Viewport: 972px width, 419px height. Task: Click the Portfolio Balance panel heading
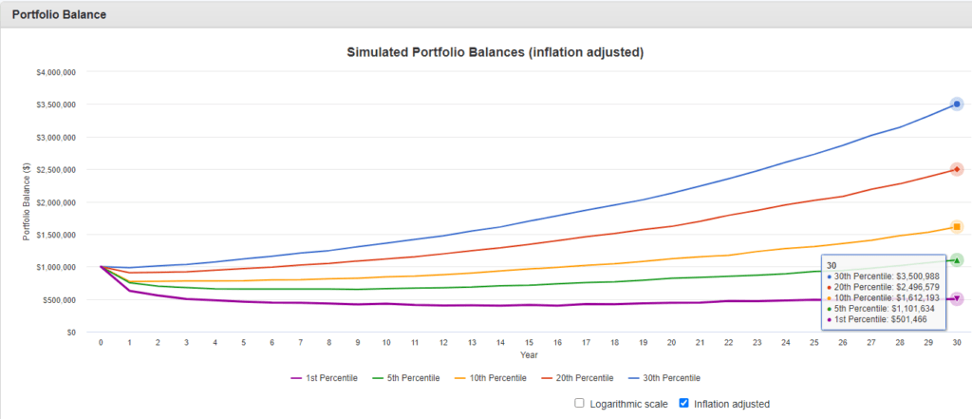(59, 14)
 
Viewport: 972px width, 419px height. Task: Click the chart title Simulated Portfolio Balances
(495, 52)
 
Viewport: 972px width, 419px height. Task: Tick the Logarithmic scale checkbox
(579, 403)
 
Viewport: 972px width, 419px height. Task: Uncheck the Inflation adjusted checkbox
(683, 403)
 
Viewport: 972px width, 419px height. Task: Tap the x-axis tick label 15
(529, 341)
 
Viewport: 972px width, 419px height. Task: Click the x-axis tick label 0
(101, 341)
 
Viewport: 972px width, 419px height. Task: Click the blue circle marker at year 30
(957, 104)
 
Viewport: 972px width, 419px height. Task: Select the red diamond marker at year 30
(957, 169)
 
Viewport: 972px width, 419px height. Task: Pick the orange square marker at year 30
(957, 227)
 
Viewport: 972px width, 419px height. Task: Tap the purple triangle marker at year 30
(957, 298)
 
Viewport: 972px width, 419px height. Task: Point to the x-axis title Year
(529, 354)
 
